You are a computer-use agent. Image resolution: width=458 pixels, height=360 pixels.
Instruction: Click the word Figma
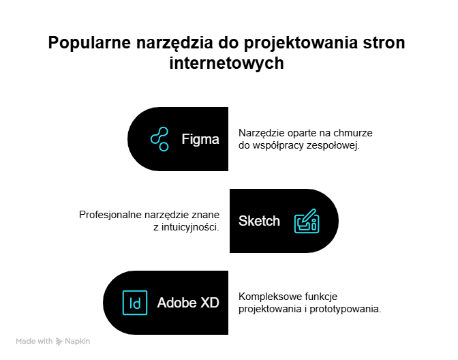pos(200,140)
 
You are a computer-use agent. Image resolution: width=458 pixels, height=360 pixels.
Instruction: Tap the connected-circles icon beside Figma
pos(159,139)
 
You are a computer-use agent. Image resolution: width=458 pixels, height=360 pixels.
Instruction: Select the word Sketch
pos(259,221)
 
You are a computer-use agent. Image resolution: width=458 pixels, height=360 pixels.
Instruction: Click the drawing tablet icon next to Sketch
pos(307,221)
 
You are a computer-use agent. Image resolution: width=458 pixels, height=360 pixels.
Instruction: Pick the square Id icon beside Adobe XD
pos(135,303)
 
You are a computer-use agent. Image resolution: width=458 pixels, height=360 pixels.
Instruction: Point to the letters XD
pos(210,303)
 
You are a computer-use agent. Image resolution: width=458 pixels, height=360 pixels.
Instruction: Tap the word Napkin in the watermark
pos(78,342)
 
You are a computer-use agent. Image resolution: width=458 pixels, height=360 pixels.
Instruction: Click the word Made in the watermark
pos(25,342)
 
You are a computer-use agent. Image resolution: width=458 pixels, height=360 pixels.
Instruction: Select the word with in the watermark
pos(45,342)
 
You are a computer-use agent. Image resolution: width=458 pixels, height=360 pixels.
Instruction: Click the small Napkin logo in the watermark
pos(59,342)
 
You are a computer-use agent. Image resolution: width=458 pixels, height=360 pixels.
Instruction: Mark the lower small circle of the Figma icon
pos(164,147)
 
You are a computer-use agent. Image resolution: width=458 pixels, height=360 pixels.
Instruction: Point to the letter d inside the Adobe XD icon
pos(138,303)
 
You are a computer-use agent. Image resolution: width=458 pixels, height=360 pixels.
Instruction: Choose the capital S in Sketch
pos(243,221)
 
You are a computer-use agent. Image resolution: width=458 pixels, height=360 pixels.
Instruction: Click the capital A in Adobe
pos(162,303)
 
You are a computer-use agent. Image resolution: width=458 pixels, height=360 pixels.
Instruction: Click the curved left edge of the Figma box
pos(127,139)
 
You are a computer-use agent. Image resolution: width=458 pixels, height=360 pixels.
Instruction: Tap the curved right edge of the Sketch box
pos(339,221)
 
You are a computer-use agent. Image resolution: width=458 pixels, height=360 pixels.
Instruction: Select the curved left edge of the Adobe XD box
pos(103,303)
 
